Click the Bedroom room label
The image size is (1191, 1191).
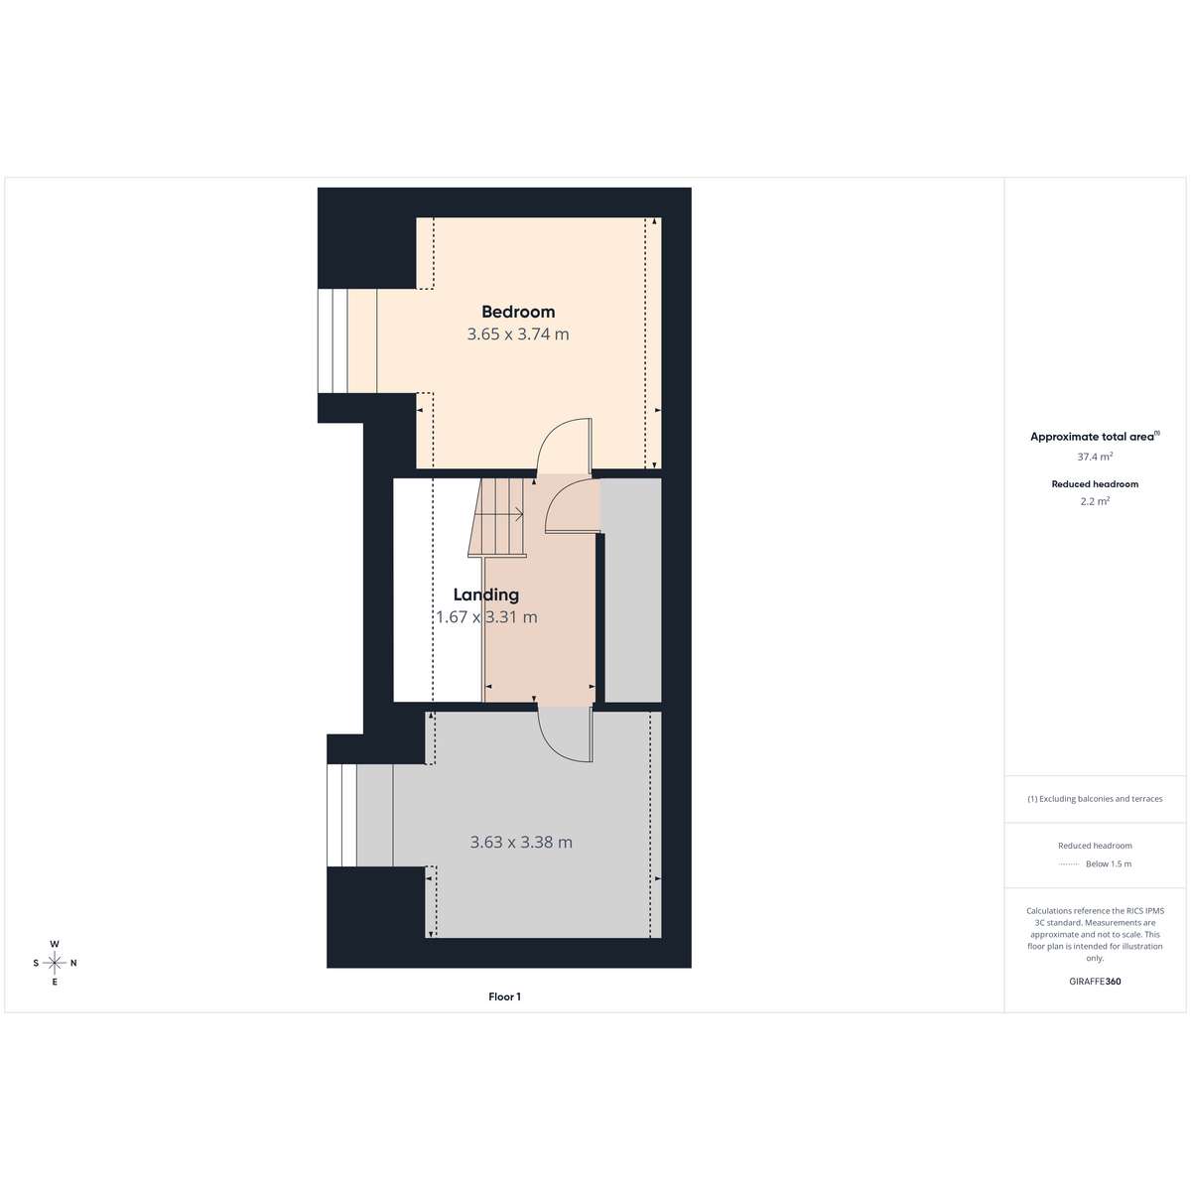pos(518,312)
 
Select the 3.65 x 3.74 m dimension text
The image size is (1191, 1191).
pos(518,334)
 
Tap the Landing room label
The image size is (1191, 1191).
pos(485,595)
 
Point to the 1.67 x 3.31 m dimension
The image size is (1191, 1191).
pos(486,616)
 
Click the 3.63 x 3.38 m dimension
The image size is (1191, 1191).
pos(521,842)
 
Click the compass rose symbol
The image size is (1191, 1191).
pos(55,963)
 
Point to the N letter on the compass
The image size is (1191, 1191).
pos(73,963)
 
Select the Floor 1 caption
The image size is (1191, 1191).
pos(504,996)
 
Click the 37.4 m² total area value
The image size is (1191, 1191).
pos(1095,457)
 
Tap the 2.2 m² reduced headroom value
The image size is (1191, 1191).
pos(1095,501)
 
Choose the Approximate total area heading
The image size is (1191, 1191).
pos(1095,437)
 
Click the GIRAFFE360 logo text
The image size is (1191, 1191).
pos(1095,981)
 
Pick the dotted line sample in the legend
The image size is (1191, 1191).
pos(1069,864)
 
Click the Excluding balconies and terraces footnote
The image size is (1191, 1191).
pos(1095,799)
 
